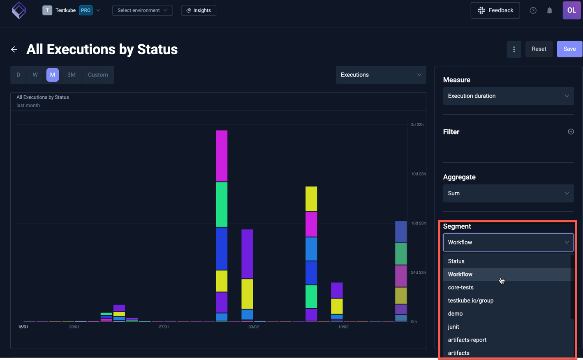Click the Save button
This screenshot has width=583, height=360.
[569, 49]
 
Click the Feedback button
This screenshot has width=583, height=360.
[495, 10]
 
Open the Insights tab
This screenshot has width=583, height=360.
[199, 10]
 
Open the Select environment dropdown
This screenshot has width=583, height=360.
[142, 10]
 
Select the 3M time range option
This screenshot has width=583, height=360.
[72, 75]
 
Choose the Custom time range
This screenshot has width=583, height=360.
[98, 75]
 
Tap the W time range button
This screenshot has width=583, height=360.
[35, 75]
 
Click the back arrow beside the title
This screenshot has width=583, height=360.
[14, 49]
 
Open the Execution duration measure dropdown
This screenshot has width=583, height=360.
[508, 96]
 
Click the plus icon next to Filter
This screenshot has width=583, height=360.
[571, 132]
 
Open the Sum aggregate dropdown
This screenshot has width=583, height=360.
[508, 193]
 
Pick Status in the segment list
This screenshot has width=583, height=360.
[456, 261]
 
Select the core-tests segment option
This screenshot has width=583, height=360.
[461, 288]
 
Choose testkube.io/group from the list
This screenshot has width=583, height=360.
[471, 301]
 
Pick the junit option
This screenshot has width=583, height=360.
[453, 327]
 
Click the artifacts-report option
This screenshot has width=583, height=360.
[467, 340]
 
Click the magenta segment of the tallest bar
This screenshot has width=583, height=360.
[222, 156]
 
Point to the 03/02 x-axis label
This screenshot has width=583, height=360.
[254, 327]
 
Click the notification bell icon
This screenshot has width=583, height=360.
[550, 10]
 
